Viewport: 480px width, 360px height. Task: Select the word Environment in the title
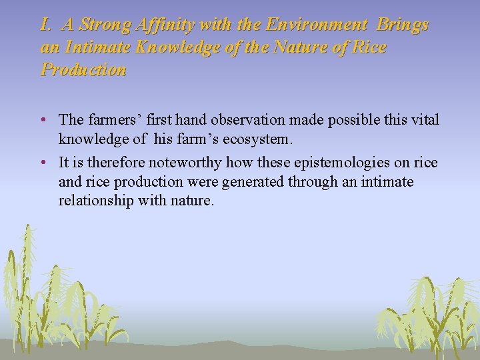point(316,25)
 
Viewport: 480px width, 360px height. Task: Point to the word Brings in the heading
point(403,25)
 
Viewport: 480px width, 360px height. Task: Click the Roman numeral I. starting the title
point(46,25)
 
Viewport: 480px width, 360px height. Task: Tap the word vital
point(425,120)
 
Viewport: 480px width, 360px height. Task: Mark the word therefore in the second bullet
point(117,163)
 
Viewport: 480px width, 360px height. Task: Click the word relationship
point(96,200)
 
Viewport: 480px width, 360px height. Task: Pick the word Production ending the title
point(83,69)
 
